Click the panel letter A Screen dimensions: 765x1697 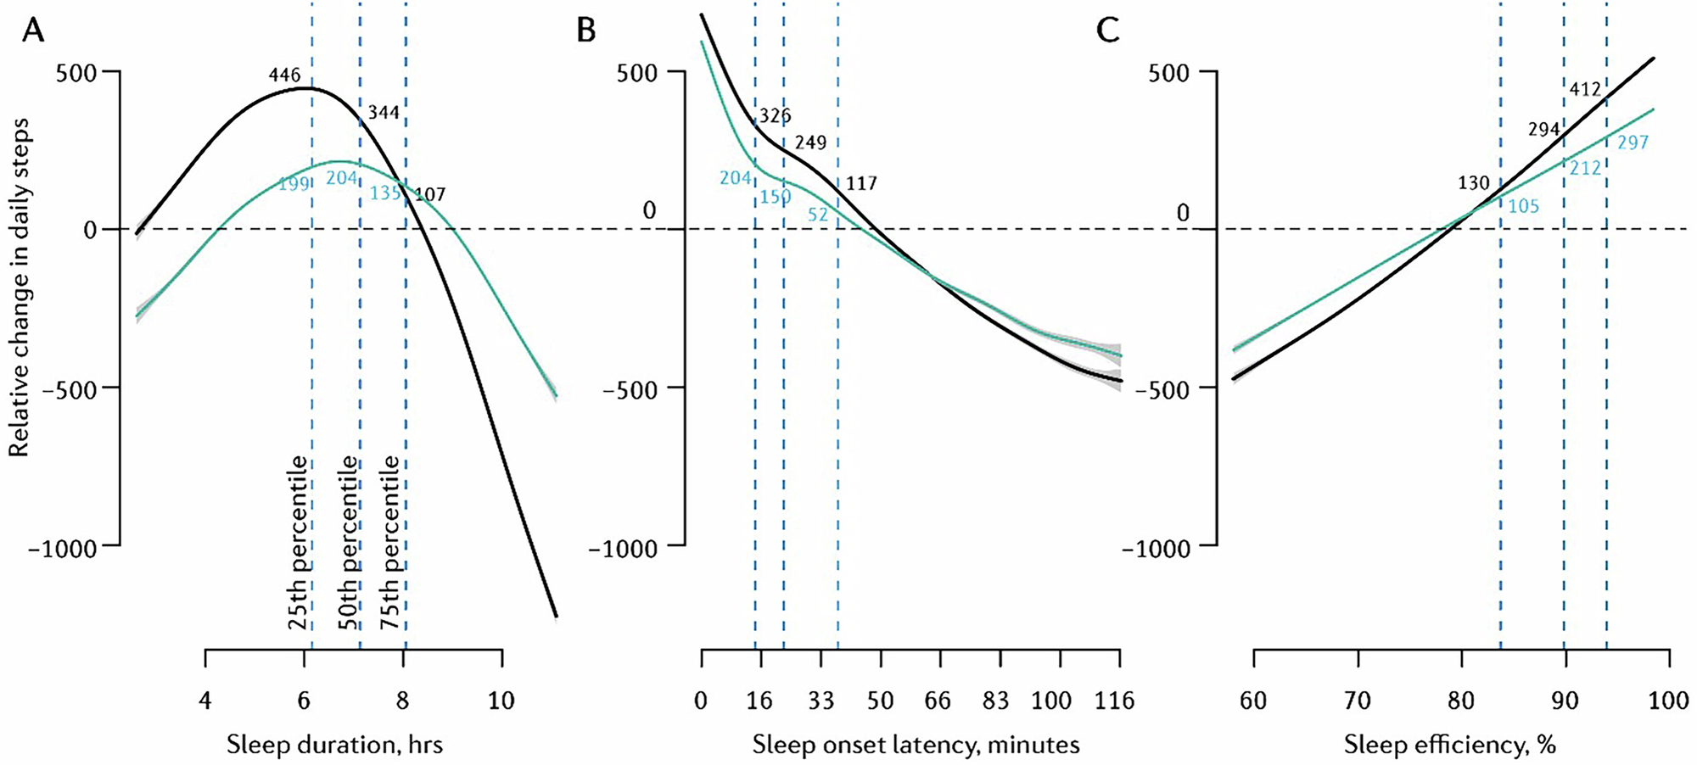32,31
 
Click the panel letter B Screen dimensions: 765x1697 586,31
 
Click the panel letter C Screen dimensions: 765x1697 1108,31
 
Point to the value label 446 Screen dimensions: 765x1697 284,75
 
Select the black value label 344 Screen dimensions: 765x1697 384,113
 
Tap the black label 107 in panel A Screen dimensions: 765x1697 429,195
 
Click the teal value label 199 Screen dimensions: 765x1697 294,183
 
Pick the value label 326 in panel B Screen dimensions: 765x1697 775,115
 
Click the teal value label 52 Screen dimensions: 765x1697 818,215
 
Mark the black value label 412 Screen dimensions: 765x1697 1584,89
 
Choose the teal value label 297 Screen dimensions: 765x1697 1633,143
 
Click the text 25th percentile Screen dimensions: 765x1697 298,543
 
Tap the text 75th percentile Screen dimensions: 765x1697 389,543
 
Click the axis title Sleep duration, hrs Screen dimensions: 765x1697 334,745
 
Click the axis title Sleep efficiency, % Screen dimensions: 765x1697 1450,745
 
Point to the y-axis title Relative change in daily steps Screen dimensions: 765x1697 20,288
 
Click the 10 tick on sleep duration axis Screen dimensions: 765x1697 501,701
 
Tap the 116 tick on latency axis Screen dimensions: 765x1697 1115,701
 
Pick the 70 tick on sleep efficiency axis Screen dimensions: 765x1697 1358,701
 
